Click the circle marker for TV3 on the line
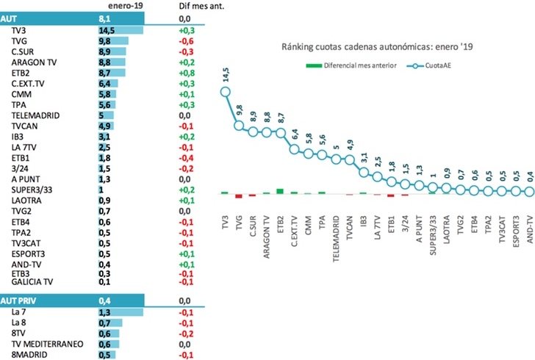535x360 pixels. pos(225,93)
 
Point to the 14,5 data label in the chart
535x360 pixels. pos(223,76)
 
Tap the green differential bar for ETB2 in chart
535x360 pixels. pos(279,191)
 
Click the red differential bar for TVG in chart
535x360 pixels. pos(238,195)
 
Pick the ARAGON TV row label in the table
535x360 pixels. pos(32,63)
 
